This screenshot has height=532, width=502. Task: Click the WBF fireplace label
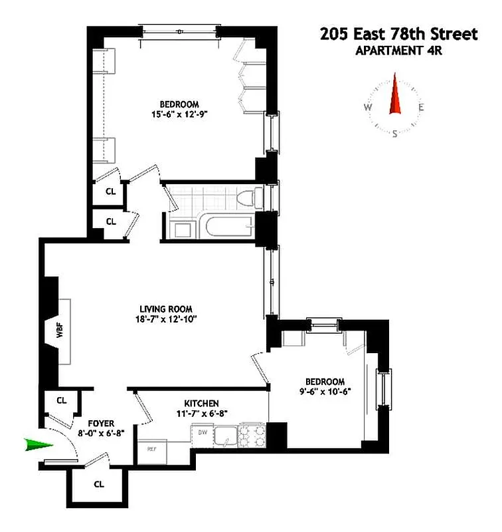pyautogui.click(x=59, y=331)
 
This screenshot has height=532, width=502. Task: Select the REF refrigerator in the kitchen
pyautogui.click(x=152, y=448)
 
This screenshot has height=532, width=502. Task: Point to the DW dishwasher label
pyautogui.click(x=203, y=432)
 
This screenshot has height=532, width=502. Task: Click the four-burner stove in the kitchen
pyautogui.click(x=253, y=436)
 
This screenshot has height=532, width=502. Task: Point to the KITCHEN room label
pyautogui.click(x=201, y=403)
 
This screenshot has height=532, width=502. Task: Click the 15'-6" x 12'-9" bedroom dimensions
pyautogui.click(x=179, y=114)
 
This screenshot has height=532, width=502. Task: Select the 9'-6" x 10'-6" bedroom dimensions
pyautogui.click(x=325, y=392)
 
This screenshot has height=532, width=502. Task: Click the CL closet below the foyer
pyautogui.click(x=99, y=484)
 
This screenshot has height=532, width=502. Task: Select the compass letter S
pyautogui.click(x=394, y=134)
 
